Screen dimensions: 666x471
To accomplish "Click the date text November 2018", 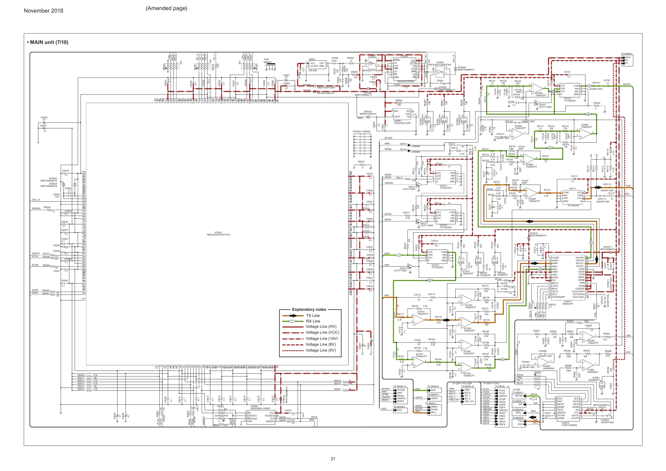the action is pos(43,11).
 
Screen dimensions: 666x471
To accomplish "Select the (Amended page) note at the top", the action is pos(166,8).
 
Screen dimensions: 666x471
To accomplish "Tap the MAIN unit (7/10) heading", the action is pos(48,42).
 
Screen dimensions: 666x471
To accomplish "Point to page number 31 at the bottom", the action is pos(333,458).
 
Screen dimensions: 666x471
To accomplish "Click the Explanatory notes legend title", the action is pos(309,309).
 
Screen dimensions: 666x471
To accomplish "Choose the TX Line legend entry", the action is pos(313,315).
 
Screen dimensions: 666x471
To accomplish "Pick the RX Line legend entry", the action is pos(313,321).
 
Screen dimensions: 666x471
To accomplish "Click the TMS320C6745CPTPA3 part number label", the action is pos(218,235).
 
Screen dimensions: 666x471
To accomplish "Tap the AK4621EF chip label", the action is pos(568,304).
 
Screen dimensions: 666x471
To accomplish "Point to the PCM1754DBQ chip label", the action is pos(569,425).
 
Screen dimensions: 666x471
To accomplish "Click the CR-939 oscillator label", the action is pos(313,70).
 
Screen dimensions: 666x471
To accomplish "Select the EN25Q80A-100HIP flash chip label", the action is pos(260,408).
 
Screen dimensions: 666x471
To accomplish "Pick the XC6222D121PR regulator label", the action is pos(402,123).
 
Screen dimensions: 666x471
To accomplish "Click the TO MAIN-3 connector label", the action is pos(626,54).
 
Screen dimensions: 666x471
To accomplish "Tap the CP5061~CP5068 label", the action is pos(361,131).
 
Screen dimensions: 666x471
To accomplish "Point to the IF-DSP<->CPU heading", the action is pos(491,383).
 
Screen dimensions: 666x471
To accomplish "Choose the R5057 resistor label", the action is pos(361,162).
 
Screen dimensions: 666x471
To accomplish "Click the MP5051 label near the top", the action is pos(268,62).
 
